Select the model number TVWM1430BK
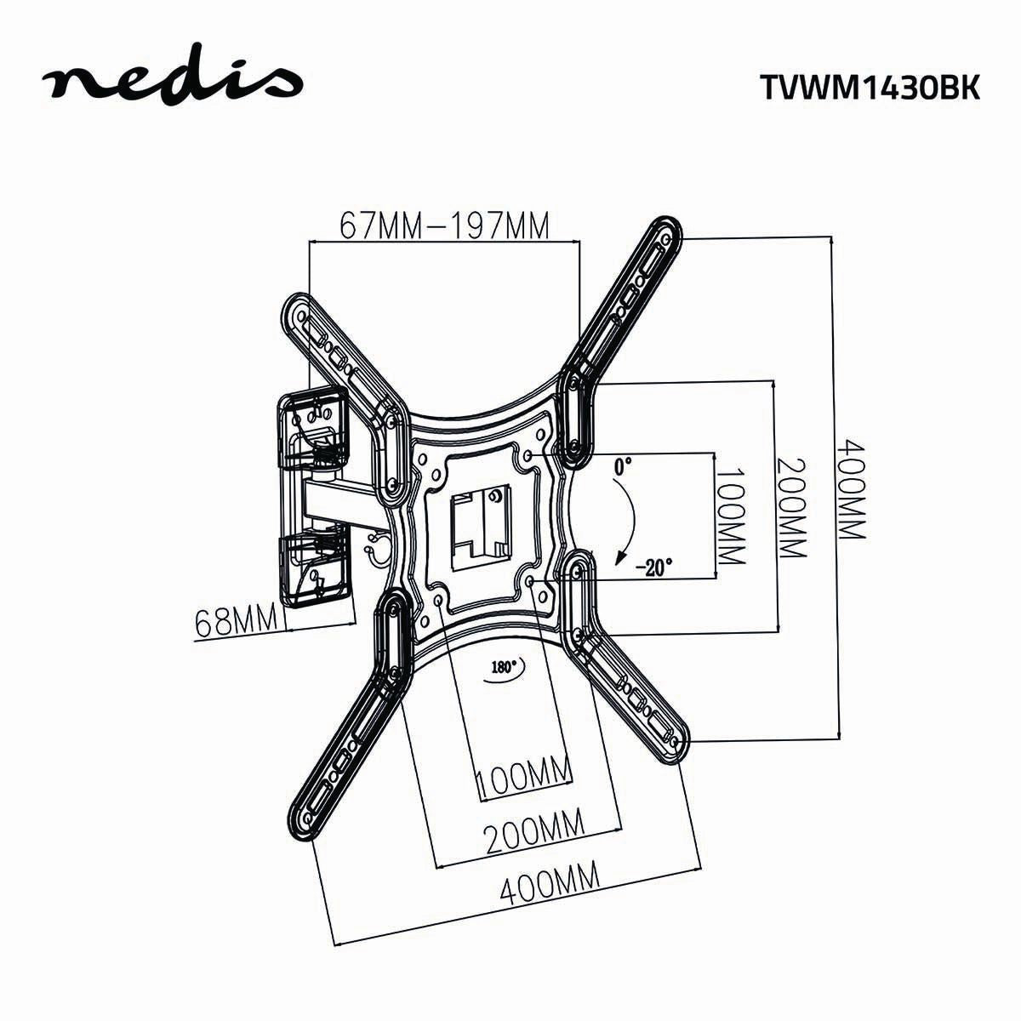[869, 88]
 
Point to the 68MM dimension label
[237, 621]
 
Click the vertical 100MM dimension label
[730, 516]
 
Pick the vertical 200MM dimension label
[790, 508]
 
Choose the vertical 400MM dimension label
[851, 488]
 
